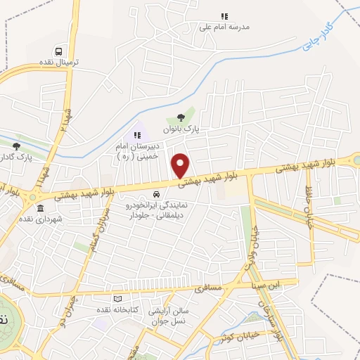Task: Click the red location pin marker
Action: (181, 165)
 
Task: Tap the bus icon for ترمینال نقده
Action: (59, 51)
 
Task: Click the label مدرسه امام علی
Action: (225, 27)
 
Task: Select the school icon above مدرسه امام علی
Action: (225, 16)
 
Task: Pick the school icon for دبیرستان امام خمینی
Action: (137, 134)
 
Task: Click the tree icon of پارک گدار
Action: (16, 146)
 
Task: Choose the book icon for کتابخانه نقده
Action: (108, 299)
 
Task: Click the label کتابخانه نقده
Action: (137, 310)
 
